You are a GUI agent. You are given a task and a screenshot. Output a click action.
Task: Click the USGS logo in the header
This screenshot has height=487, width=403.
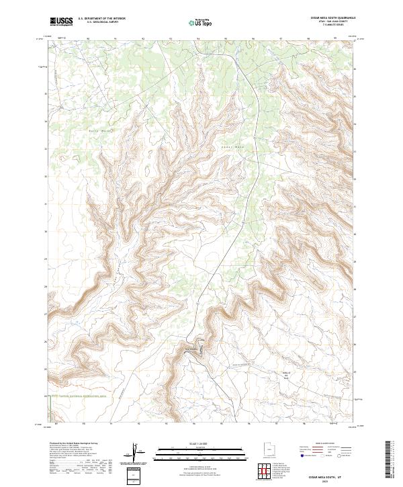coord(60,21)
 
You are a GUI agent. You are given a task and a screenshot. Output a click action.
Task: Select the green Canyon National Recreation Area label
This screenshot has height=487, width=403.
coord(84,396)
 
